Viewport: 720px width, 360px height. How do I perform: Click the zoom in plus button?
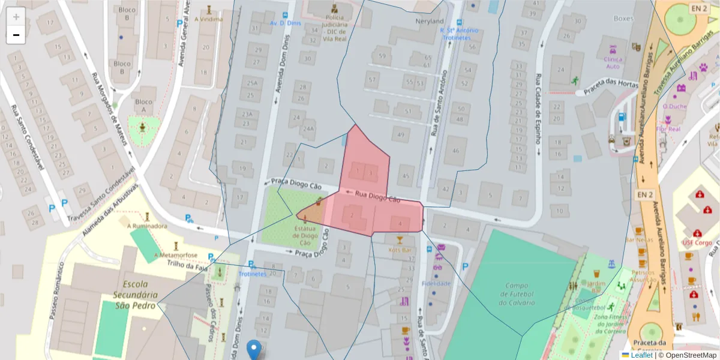click(16, 16)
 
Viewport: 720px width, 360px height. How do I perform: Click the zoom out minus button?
click(16, 35)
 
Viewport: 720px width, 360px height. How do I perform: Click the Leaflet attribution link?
click(641, 355)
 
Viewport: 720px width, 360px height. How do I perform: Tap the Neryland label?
click(430, 22)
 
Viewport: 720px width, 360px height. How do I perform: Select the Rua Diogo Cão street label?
click(377, 196)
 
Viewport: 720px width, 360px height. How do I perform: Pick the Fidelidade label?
click(436, 283)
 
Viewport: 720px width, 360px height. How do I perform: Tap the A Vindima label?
click(208, 19)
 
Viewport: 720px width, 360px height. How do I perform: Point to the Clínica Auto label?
click(613, 62)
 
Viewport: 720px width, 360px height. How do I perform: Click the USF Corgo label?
click(697, 243)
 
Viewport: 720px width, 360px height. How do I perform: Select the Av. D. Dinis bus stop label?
click(284, 23)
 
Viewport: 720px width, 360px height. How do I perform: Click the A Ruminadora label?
click(147, 226)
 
